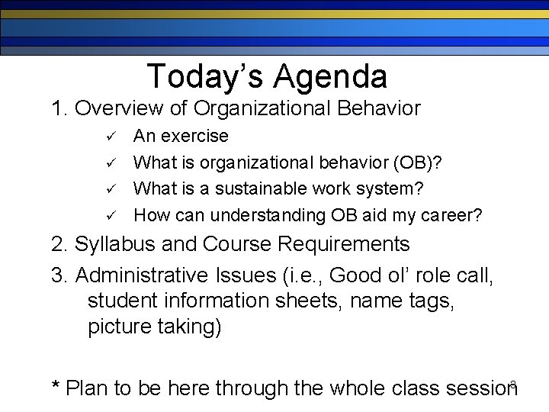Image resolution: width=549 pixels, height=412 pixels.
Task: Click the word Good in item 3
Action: (x=358, y=275)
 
